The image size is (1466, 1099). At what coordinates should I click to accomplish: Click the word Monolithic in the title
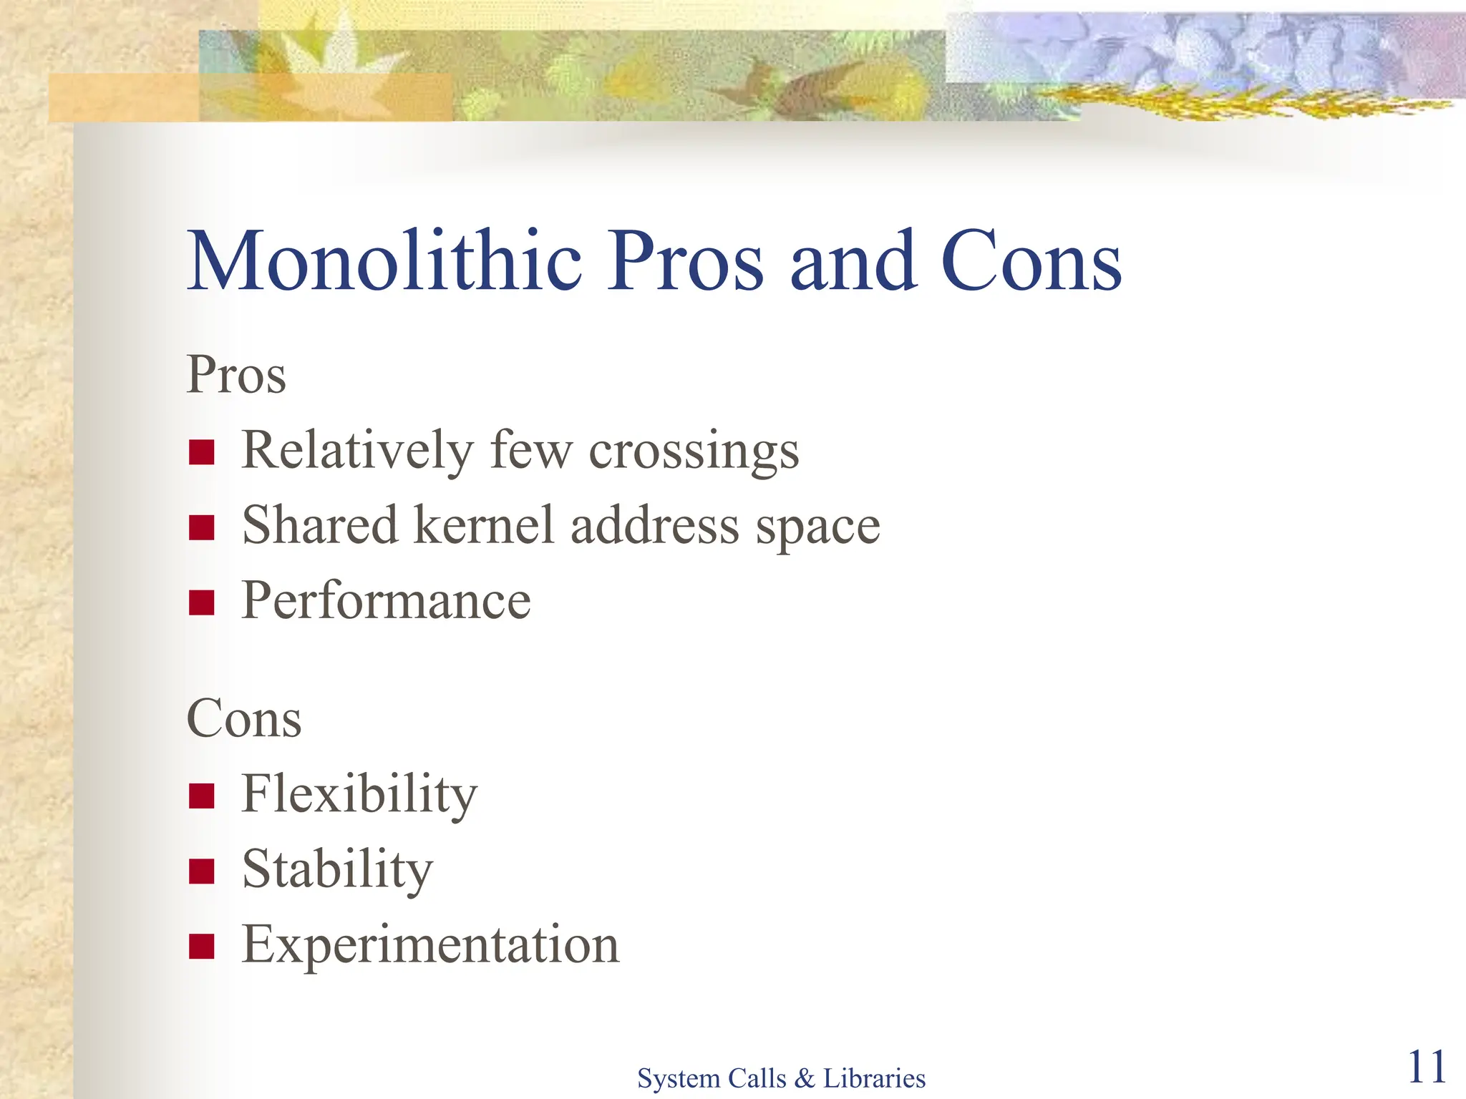tap(384, 261)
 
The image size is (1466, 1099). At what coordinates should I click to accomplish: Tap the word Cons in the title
tap(1031, 263)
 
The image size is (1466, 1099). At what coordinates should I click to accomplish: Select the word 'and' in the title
tap(853, 261)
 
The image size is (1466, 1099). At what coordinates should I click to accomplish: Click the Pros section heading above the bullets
tap(236, 374)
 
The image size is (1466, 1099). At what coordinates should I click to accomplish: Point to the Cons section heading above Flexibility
tap(244, 718)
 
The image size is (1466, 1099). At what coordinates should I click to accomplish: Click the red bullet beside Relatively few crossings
tap(202, 452)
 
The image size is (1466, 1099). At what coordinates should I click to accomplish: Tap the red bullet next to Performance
tap(202, 602)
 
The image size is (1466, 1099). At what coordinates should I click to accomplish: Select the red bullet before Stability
tap(202, 871)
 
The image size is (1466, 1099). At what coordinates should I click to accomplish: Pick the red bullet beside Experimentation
tap(202, 946)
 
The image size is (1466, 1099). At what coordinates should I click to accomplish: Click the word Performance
tap(387, 601)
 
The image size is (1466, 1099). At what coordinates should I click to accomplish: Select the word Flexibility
tap(359, 794)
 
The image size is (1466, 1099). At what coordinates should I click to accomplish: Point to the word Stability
tap(338, 869)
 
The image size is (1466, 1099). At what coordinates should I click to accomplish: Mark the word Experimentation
tap(430, 944)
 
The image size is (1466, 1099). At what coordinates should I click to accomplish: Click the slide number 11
tap(1427, 1068)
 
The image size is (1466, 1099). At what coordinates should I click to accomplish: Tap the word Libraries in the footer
tap(874, 1078)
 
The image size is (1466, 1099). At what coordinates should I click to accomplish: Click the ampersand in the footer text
tap(804, 1078)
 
